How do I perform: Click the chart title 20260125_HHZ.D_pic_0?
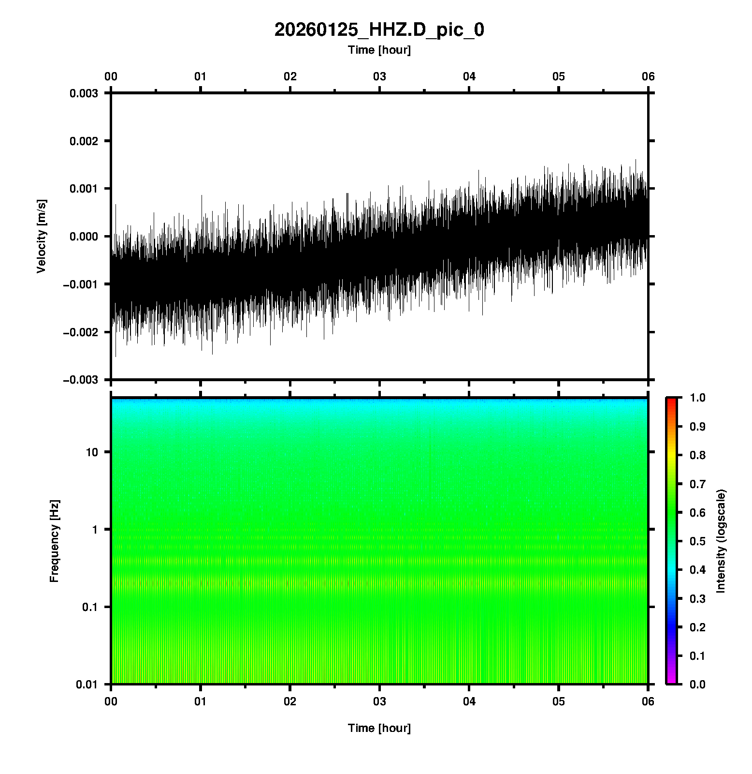coord(379,30)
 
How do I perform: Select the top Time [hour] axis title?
coord(379,50)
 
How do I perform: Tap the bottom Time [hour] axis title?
coord(379,728)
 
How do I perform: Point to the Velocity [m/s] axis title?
coord(42,236)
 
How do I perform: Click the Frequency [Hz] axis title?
coord(54,541)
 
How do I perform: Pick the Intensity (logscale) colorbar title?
coord(721,541)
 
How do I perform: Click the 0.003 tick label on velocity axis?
coord(84,93)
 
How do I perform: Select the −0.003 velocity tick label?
coord(81,380)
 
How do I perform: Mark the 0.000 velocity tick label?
coord(84,237)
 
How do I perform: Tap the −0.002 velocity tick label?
coord(81,332)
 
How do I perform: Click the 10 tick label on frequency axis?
coord(92,452)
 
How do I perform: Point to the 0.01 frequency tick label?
coord(87,685)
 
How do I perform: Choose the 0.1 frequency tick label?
coord(89,607)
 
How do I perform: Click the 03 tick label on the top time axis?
coord(379,76)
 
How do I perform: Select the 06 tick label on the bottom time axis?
coord(648,701)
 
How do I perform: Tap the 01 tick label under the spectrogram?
coord(201,701)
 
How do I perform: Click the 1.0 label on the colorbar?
coord(698,398)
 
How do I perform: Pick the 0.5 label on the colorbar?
coord(698,541)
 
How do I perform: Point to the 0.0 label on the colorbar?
coord(698,685)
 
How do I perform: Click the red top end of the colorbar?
coord(671,401)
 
